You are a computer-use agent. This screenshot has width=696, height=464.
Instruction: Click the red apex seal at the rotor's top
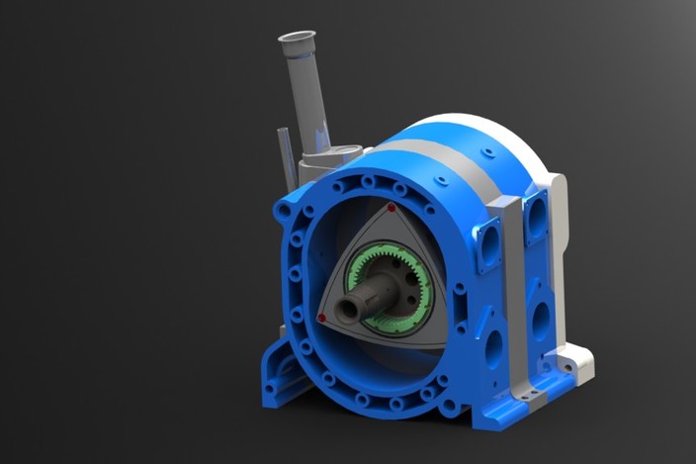pyautogui.click(x=391, y=209)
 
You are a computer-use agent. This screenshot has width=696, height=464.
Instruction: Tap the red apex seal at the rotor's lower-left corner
pyautogui.click(x=322, y=318)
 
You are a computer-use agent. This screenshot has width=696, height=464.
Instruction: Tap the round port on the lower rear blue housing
pyautogui.click(x=542, y=321)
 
